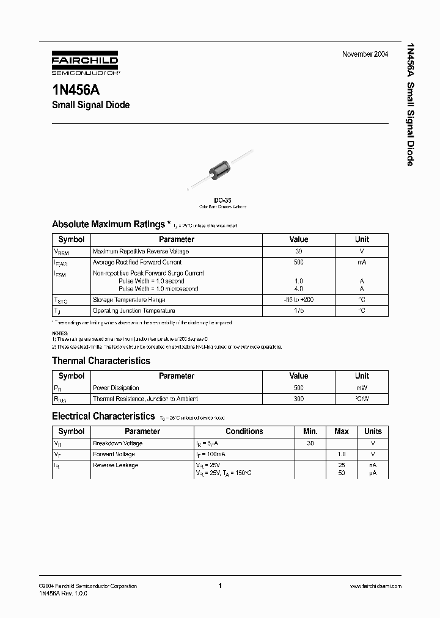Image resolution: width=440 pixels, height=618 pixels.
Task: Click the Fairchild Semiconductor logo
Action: (x=85, y=64)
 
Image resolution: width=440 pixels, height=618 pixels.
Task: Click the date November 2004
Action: (x=365, y=54)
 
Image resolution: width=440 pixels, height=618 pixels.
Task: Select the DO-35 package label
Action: (x=222, y=200)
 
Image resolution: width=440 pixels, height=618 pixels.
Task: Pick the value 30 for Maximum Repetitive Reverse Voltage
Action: (x=299, y=251)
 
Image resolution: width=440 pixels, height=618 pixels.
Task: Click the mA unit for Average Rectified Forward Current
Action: (x=362, y=262)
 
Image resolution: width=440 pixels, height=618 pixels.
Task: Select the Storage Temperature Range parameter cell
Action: (x=129, y=300)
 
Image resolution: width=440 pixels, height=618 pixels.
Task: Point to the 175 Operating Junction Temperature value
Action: (x=299, y=311)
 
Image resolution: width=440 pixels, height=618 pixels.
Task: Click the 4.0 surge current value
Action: (x=299, y=288)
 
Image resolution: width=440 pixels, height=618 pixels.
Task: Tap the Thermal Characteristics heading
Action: (x=101, y=361)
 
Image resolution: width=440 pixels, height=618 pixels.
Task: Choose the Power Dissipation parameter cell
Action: (x=116, y=388)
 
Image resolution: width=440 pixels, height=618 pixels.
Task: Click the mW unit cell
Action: (x=362, y=388)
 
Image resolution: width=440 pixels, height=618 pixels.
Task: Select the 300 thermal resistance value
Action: (x=299, y=399)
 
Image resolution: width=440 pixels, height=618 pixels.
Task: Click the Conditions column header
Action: (x=244, y=431)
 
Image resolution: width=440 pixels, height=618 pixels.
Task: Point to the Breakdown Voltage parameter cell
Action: (x=118, y=443)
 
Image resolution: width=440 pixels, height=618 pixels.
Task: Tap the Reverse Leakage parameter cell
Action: (x=116, y=465)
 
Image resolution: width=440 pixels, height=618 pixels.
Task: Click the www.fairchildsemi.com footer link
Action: (x=375, y=586)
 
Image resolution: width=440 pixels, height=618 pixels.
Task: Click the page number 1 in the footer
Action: (x=219, y=586)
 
